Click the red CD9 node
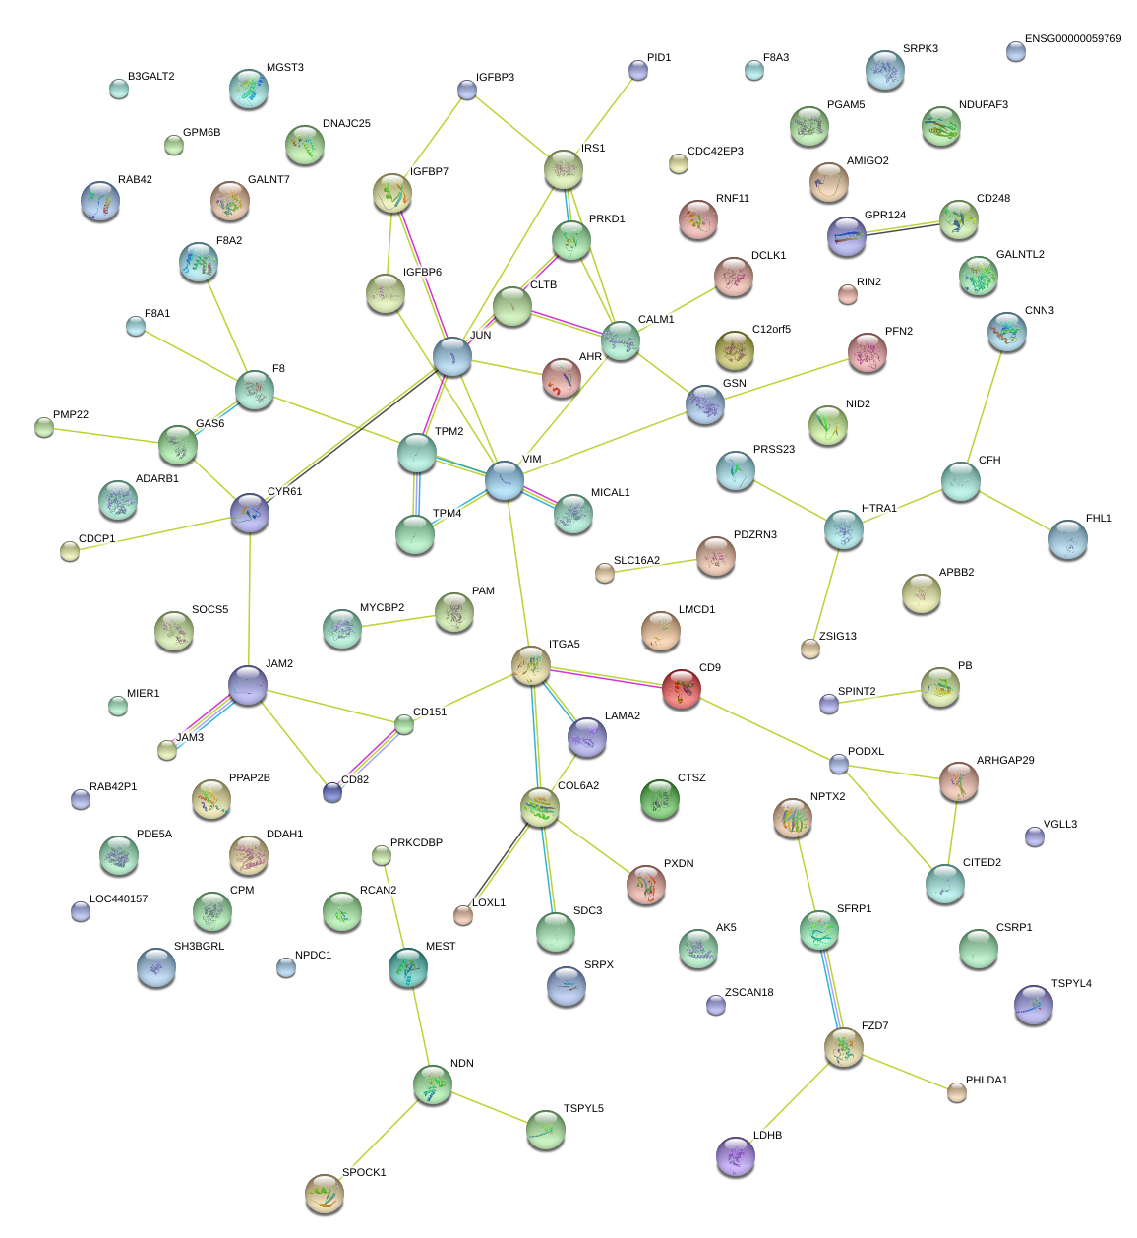coord(681,689)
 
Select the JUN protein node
coord(452,355)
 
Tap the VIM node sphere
coord(505,480)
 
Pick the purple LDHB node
coord(736,1156)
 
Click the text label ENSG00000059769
coord(1072,39)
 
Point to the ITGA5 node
coord(531,665)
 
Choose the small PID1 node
coord(638,70)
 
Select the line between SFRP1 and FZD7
coord(831,989)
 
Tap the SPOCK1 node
coord(325,1193)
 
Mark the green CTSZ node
coord(659,799)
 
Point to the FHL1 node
coord(1068,539)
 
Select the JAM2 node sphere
coord(248,685)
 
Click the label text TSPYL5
coord(583,1109)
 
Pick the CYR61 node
coord(250,513)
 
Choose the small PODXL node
coord(838,764)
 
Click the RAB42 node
coord(100,201)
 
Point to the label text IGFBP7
coord(429,172)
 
